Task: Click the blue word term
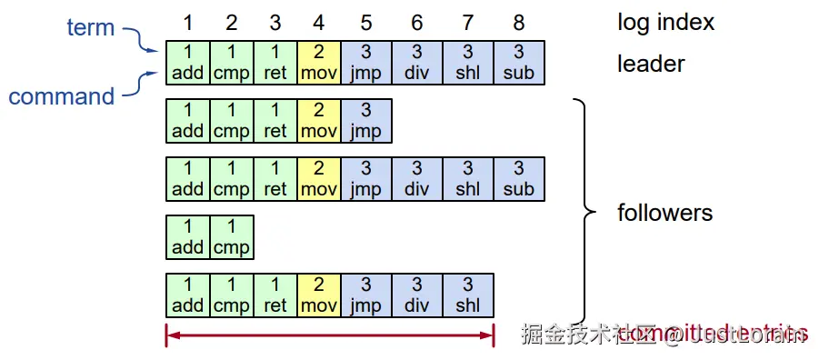(x=91, y=27)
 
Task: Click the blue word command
(x=62, y=96)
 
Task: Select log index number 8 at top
(x=519, y=21)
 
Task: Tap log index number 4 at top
(x=318, y=21)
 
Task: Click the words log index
(x=665, y=21)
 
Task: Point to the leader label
(x=651, y=64)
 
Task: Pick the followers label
(x=664, y=214)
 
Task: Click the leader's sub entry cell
(x=519, y=63)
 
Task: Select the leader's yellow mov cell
(x=319, y=63)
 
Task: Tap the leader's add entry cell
(x=188, y=63)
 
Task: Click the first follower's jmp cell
(x=366, y=121)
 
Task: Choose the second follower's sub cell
(x=519, y=179)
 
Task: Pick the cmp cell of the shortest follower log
(x=232, y=236)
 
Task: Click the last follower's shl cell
(x=468, y=295)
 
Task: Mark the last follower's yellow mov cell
(x=319, y=295)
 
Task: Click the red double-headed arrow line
(x=329, y=335)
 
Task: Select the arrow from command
(x=141, y=84)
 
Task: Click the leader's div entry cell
(x=417, y=63)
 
